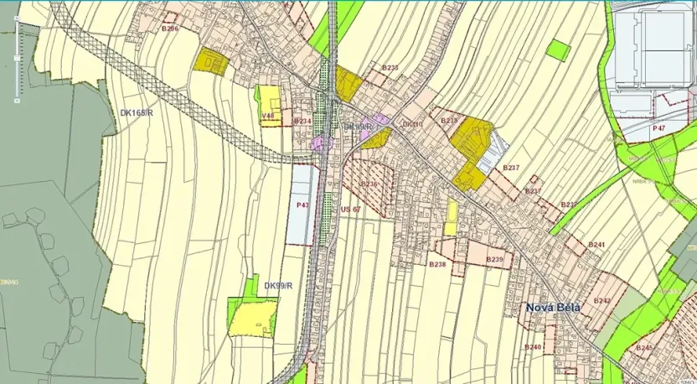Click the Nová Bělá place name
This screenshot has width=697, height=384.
pyautogui.click(x=553, y=307)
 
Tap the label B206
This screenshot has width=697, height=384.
pyautogui.click(x=170, y=29)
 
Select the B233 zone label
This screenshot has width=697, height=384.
pyautogui.click(x=390, y=67)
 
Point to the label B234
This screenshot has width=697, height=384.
pyautogui.click(x=302, y=121)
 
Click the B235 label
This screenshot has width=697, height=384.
pyautogui.click(x=450, y=121)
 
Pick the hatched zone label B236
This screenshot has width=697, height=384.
pyautogui.click(x=369, y=184)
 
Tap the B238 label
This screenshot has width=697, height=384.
pyautogui.click(x=437, y=264)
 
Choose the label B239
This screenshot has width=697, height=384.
pyautogui.click(x=495, y=260)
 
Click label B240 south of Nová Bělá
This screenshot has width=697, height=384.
pyautogui.click(x=533, y=346)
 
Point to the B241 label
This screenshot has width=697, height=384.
pyautogui.click(x=596, y=244)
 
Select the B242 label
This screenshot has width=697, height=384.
pyautogui.click(x=601, y=299)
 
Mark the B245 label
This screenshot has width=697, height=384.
pyautogui.click(x=643, y=346)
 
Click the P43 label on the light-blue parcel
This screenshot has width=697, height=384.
pyautogui.click(x=302, y=205)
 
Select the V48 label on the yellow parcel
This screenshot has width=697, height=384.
pyautogui.click(x=268, y=116)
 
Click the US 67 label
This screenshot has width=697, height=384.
pyautogui.click(x=350, y=210)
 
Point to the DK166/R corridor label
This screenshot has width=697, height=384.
pyautogui.click(x=137, y=112)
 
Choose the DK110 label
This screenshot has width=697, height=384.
pyautogui.click(x=412, y=125)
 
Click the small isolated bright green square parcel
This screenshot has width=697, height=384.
pyautogui.click(x=558, y=50)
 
